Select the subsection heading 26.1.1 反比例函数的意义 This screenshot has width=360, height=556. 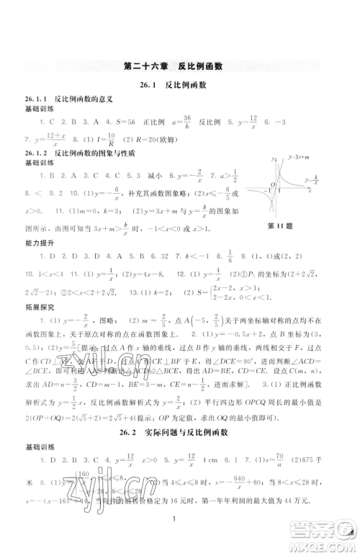[x=60, y=98]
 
